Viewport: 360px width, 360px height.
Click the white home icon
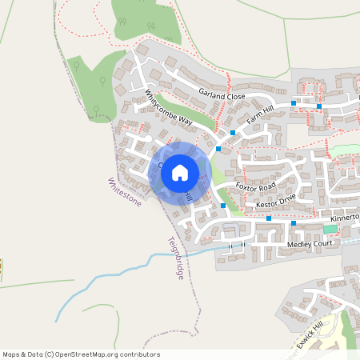click(x=179, y=172)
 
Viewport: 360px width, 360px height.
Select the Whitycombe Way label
click(x=169, y=109)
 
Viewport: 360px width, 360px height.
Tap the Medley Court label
click(x=309, y=243)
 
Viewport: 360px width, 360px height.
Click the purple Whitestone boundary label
click(x=124, y=192)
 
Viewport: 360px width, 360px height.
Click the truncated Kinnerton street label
click(x=340, y=218)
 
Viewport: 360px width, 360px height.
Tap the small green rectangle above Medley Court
click(x=330, y=229)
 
